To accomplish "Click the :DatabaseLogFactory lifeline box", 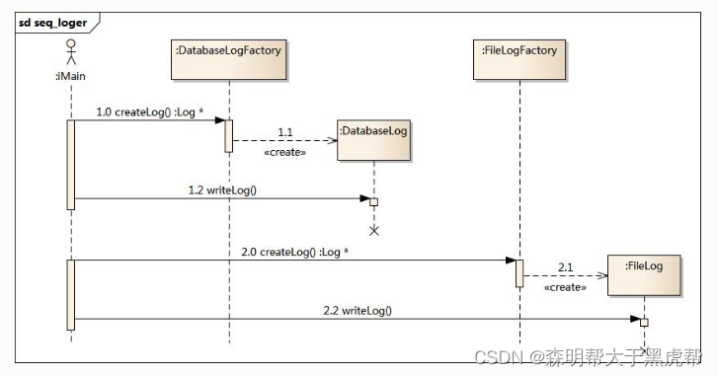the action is (x=228, y=59).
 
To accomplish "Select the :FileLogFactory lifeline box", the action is (x=519, y=59).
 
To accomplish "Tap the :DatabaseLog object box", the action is (x=373, y=140).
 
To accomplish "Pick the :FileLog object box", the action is (x=644, y=275).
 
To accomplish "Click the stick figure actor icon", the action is (x=70, y=51).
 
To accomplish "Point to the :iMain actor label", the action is (x=70, y=76).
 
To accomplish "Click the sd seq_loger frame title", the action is (x=52, y=23).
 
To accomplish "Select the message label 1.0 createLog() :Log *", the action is (x=150, y=113).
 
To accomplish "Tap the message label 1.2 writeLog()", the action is (x=222, y=189).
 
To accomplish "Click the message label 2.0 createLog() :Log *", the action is (x=295, y=252).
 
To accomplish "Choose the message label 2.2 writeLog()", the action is (x=358, y=311).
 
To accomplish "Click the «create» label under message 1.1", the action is (x=284, y=152).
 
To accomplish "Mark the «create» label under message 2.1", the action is (x=565, y=287).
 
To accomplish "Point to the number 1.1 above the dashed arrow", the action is (x=284, y=132).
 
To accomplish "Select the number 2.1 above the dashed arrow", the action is (x=565, y=267).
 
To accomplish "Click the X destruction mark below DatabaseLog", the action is (x=374, y=231).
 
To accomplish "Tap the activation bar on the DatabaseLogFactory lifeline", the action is (x=228, y=136).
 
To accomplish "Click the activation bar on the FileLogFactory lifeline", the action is (x=519, y=273).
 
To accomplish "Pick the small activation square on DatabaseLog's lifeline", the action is (x=373, y=202).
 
